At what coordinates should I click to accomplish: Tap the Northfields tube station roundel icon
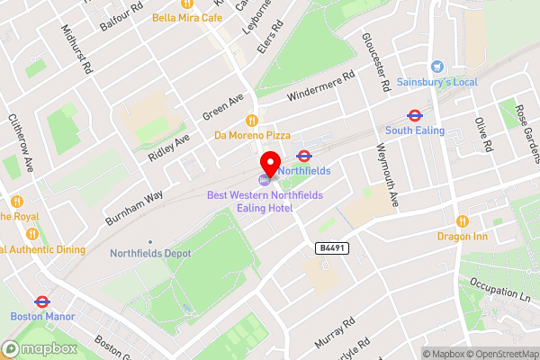(x=304, y=156)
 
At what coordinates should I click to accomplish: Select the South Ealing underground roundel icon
(x=415, y=115)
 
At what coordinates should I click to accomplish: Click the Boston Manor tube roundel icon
(x=40, y=301)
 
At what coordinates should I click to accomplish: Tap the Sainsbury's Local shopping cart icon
(x=437, y=67)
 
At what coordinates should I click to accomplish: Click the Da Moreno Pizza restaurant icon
(x=253, y=120)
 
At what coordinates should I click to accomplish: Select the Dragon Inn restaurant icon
(x=462, y=220)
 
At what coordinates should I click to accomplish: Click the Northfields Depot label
(x=150, y=253)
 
